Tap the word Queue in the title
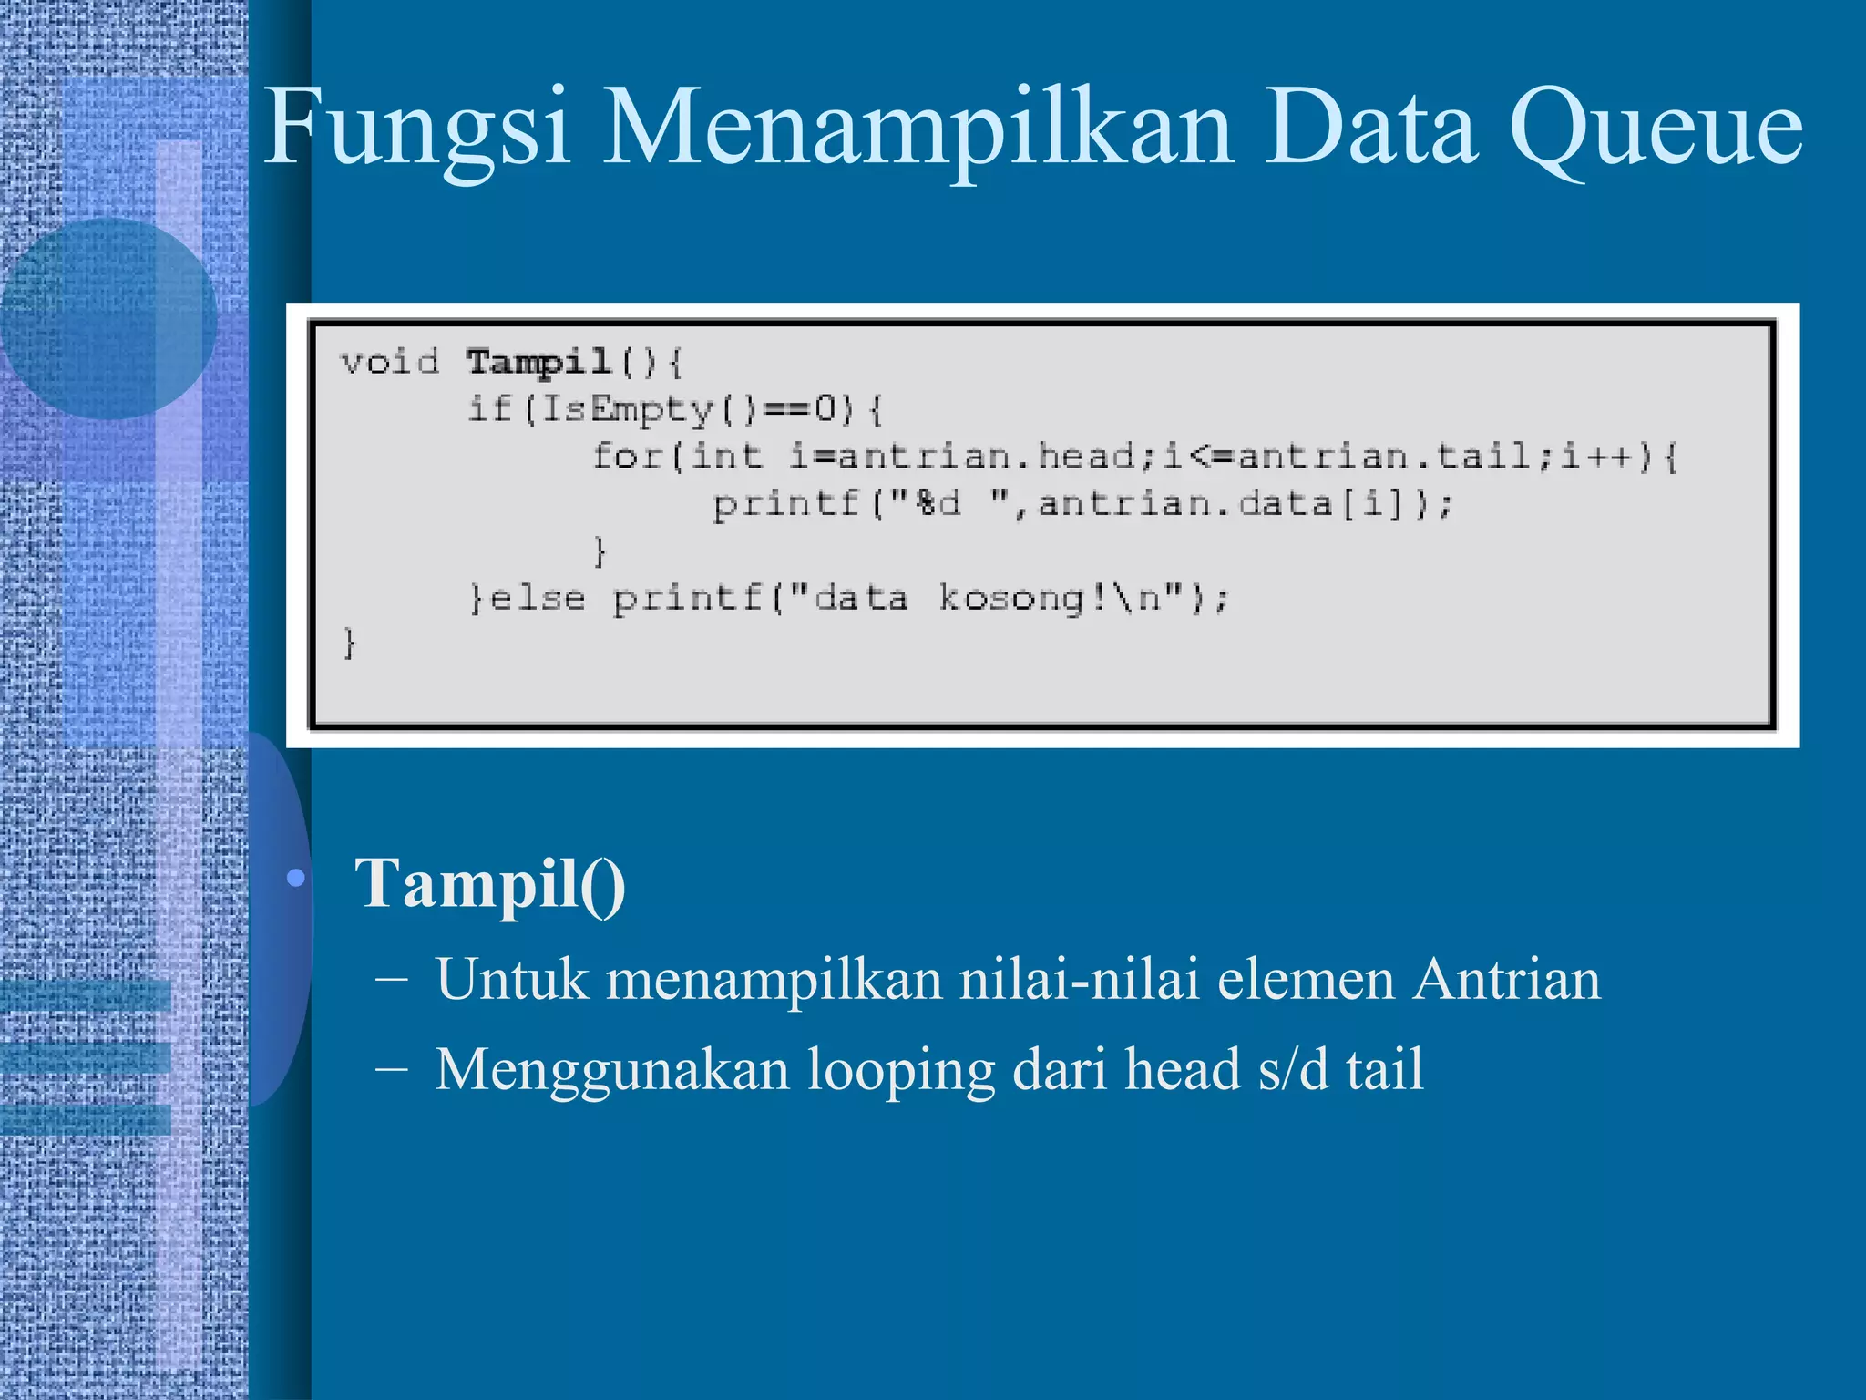point(1655,128)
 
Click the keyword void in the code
point(390,363)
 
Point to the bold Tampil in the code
point(538,363)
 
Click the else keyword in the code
point(538,598)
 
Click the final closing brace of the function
point(349,643)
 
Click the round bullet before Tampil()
point(295,879)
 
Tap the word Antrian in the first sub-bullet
point(1507,981)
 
